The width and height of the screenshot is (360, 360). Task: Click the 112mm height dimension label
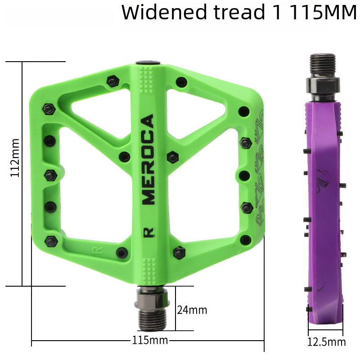[15, 157]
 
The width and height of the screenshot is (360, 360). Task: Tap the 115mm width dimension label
[149, 340]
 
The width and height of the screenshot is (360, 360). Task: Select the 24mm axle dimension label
[192, 310]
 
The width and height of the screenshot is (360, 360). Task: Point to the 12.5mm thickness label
[326, 342]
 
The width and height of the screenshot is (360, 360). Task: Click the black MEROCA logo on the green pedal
[148, 159]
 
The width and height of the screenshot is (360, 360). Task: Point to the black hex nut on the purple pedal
[324, 85]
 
